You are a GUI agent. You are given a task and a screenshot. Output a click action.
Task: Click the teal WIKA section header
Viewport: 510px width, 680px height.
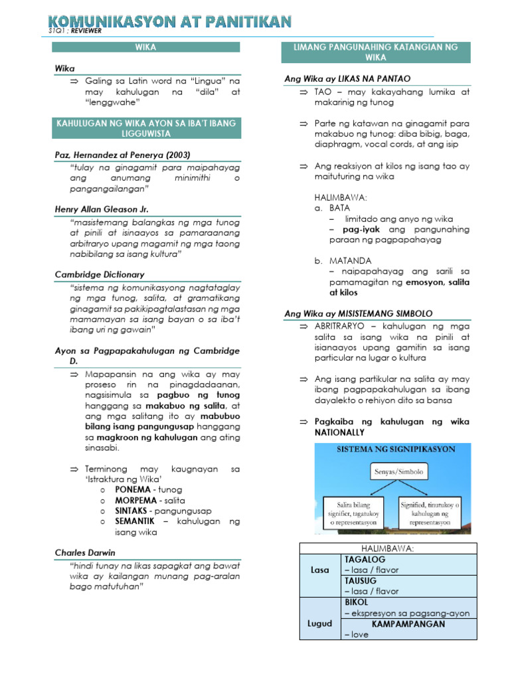click(x=146, y=47)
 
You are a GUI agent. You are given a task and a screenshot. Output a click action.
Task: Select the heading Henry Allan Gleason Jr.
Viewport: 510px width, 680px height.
click(x=102, y=209)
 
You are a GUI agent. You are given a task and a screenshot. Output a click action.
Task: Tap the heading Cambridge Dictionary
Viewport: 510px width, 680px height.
click(x=100, y=274)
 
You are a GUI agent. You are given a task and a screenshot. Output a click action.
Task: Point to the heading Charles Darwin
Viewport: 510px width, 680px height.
click(x=85, y=552)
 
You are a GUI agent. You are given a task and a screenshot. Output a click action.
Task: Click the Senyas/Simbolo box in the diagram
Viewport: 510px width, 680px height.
click(x=396, y=473)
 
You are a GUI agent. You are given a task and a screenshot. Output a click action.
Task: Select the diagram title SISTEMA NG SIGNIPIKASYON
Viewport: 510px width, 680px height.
click(x=396, y=450)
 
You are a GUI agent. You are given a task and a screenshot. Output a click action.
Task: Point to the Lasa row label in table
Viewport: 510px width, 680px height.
click(x=319, y=570)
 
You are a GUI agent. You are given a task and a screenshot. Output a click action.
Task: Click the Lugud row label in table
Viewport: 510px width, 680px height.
click(x=319, y=624)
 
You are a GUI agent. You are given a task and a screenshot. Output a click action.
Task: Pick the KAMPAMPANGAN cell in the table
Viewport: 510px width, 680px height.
click(x=408, y=624)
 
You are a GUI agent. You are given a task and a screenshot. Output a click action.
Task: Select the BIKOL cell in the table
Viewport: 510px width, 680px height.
click(x=356, y=602)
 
